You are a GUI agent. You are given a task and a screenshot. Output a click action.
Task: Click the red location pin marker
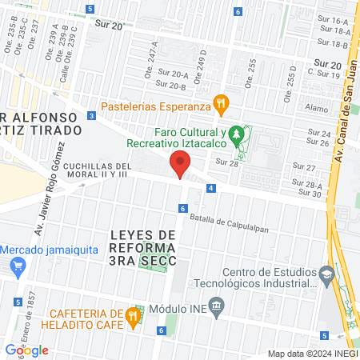[180, 166]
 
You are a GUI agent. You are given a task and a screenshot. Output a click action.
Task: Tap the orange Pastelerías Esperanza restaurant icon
[221, 104]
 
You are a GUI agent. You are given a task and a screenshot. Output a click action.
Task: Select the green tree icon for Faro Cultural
[236, 134]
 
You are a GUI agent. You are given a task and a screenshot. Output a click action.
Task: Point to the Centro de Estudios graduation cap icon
[326, 274]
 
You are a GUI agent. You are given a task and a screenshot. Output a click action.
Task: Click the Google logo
[26, 350]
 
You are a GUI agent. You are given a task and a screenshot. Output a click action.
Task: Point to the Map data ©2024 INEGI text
[311, 354]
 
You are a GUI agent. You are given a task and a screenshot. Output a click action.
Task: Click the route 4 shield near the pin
[210, 188]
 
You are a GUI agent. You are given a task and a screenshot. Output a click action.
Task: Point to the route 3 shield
[93, 116]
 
